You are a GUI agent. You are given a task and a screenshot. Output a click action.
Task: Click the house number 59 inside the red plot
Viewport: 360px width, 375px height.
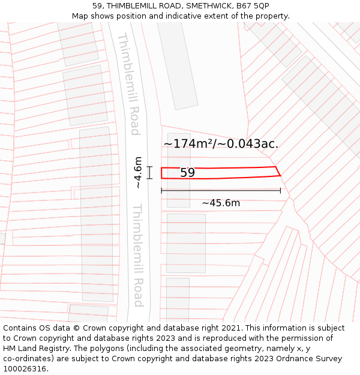click(187, 173)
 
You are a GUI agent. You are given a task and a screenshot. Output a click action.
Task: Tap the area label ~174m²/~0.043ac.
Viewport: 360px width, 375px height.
click(221, 144)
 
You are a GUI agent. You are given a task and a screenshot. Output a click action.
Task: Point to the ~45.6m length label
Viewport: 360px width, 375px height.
click(221, 203)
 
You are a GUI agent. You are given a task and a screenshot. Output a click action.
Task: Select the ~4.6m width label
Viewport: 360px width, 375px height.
click(139, 173)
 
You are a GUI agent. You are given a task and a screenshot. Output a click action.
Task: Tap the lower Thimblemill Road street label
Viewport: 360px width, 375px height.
click(137, 255)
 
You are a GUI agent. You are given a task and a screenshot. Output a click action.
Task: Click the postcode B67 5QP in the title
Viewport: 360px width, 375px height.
click(253, 6)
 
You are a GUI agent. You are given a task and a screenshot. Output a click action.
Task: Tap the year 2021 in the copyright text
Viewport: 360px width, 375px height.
click(230, 328)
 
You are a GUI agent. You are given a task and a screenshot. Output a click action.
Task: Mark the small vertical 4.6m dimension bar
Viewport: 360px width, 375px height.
click(149, 173)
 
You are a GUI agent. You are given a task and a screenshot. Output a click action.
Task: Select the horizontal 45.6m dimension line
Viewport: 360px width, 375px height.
click(221, 191)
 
